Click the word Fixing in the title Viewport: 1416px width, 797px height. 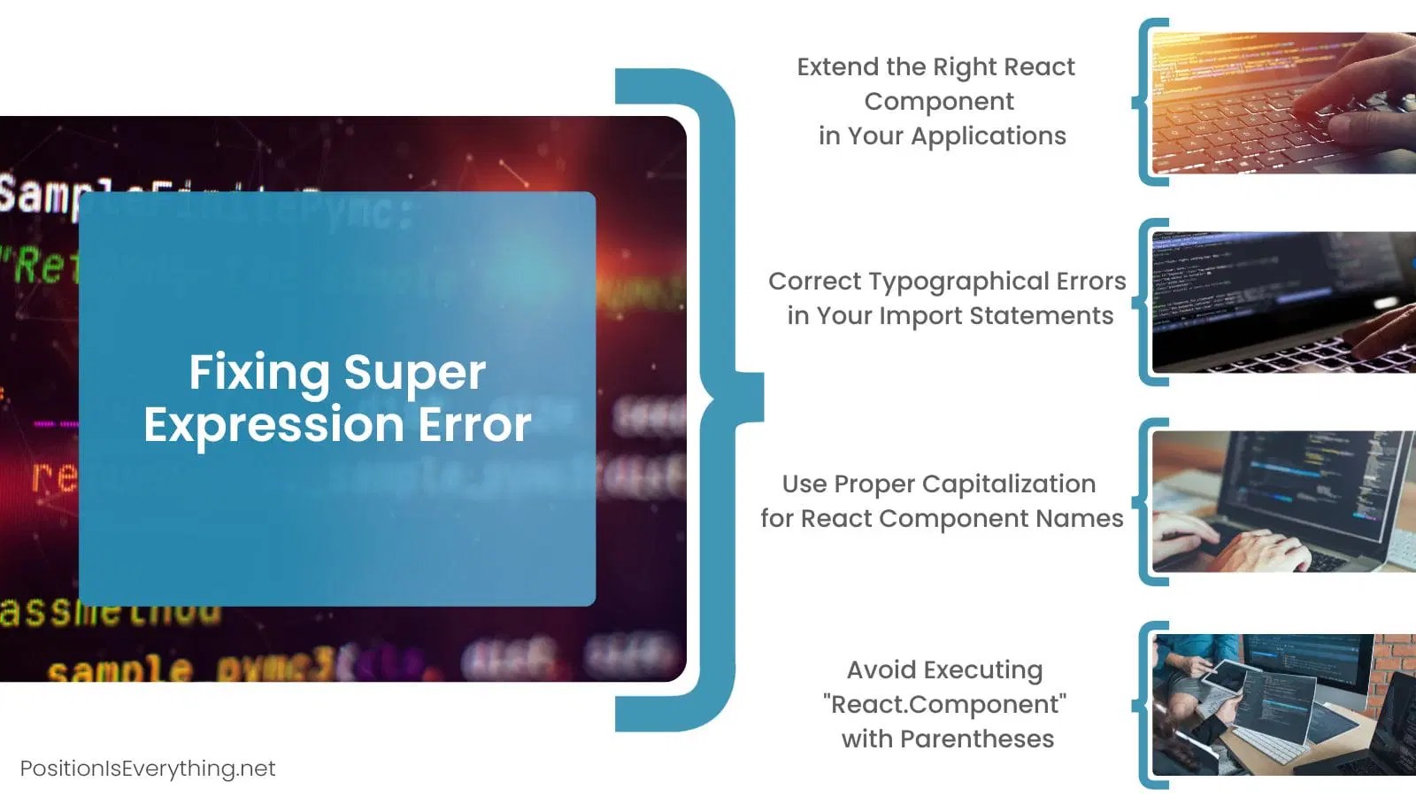258,372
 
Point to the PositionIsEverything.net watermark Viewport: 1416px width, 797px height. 148,769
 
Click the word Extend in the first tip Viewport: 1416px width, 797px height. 837,67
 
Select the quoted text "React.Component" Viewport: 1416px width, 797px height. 944,705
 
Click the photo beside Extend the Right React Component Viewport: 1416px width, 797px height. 1283,103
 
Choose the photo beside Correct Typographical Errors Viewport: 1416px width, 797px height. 1283,302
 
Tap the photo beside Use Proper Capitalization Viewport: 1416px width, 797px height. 1283,501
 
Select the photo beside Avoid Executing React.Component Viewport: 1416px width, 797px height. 1283,705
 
